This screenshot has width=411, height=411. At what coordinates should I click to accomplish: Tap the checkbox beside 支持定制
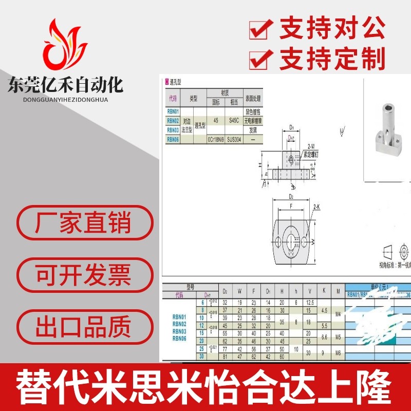[x=260, y=58]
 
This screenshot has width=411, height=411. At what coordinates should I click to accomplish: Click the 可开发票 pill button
[x=83, y=275]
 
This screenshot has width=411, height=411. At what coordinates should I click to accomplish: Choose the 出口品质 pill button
[x=83, y=327]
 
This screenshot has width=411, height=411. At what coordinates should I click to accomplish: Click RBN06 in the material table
[x=173, y=139]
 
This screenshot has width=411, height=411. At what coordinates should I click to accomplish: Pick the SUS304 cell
[x=234, y=139]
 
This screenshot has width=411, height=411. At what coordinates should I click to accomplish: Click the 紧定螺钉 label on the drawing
[x=311, y=153]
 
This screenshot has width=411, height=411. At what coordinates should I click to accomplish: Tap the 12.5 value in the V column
[x=309, y=303]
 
